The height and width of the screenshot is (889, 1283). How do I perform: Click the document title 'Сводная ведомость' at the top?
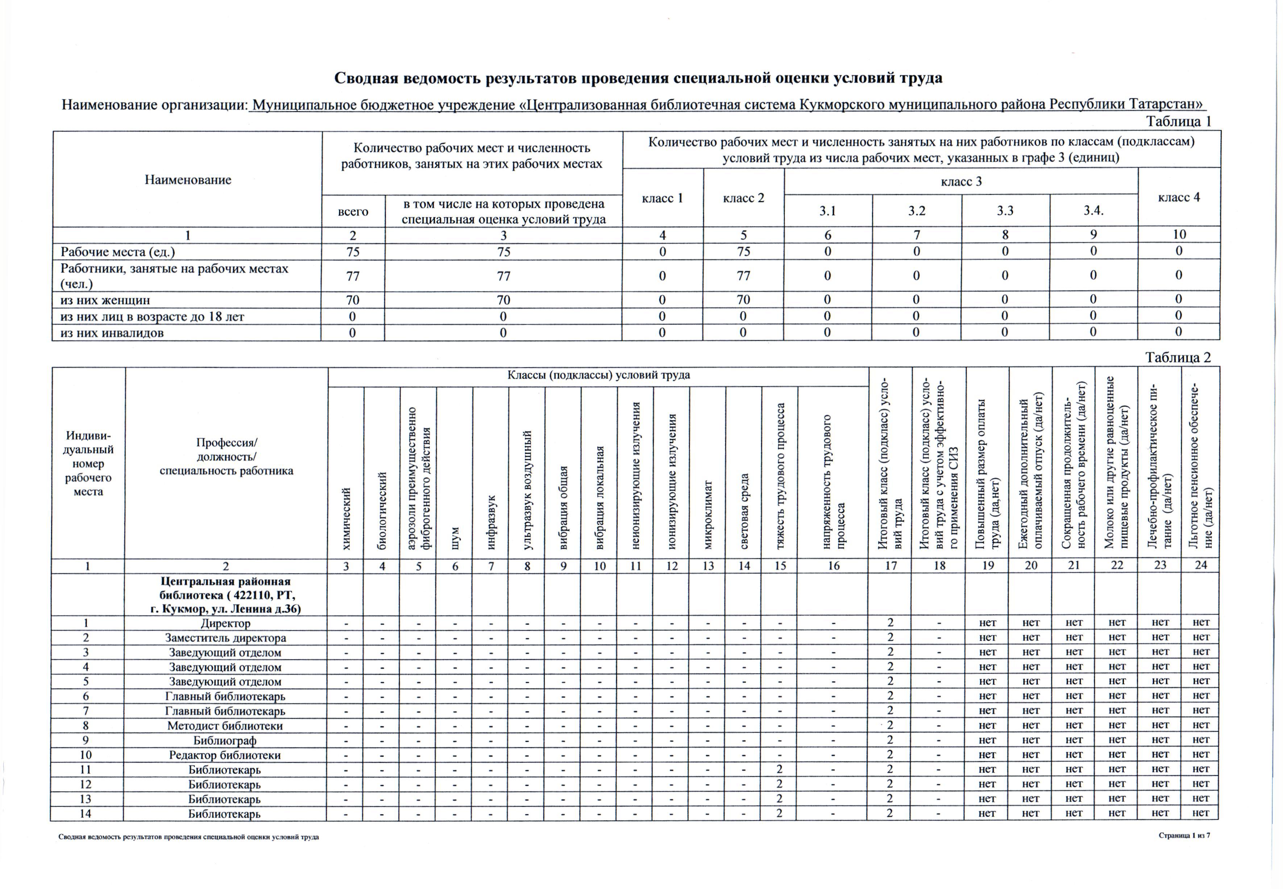(638, 78)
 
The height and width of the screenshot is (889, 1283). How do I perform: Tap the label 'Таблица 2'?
(1178, 358)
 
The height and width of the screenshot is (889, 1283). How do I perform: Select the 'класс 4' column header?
(1179, 197)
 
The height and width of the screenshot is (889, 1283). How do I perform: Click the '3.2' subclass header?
(917, 210)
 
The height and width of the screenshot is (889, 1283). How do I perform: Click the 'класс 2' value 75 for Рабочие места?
(744, 252)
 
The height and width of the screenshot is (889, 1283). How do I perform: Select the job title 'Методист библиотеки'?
(225, 726)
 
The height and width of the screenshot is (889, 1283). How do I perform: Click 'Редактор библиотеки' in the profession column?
(225, 755)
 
